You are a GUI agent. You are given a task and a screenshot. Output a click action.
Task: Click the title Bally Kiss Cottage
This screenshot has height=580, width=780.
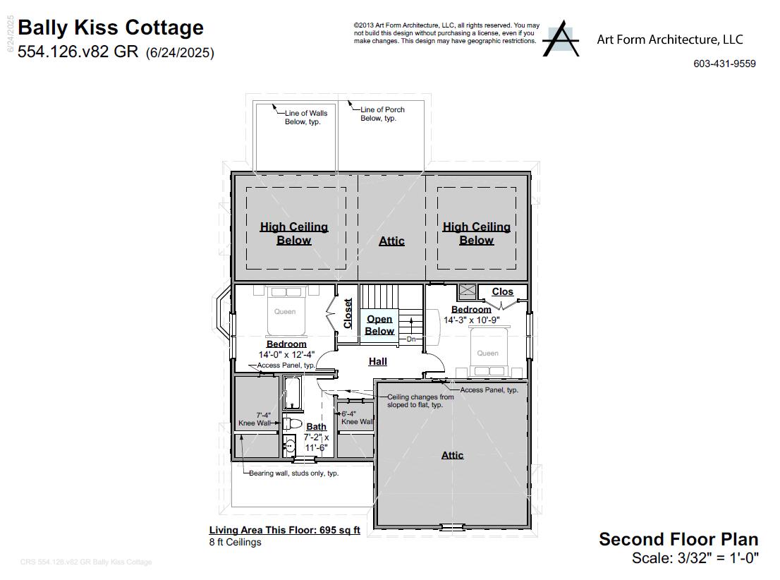[x=111, y=28]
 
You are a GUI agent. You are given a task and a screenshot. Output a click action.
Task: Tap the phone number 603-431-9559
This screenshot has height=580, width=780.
[x=724, y=64]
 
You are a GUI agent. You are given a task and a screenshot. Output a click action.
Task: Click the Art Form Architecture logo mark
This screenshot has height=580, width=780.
[x=561, y=38]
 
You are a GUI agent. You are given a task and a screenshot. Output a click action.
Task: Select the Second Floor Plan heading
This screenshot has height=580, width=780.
[x=678, y=539]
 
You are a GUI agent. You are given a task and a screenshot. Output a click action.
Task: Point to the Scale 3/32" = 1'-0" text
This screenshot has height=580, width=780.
[x=695, y=558]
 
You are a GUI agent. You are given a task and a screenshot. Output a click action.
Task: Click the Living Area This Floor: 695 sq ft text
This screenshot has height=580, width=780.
[x=284, y=530]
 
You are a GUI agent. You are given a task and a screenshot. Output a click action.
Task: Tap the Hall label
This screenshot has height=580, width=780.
[x=378, y=361]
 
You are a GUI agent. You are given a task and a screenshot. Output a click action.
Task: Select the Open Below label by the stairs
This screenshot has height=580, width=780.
[x=379, y=325]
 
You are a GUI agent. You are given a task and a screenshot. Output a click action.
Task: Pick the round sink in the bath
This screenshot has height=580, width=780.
[x=289, y=445]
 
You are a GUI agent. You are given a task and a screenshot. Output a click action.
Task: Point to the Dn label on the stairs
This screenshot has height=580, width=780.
[x=411, y=339]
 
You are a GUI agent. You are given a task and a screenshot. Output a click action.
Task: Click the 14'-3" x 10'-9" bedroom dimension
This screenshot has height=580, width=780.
[x=471, y=320]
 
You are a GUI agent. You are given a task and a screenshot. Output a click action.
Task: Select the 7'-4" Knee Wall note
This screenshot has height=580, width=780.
[x=255, y=419]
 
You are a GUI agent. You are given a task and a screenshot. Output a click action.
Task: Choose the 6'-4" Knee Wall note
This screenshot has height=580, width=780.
[x=357, y=418]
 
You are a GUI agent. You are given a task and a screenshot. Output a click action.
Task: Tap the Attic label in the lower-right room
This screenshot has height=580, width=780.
[x=452, y=455]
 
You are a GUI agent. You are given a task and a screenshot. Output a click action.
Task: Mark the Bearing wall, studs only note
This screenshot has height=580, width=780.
[x=293, y=473]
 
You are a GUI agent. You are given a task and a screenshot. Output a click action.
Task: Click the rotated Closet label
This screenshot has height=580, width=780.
[x=348, y=313]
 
